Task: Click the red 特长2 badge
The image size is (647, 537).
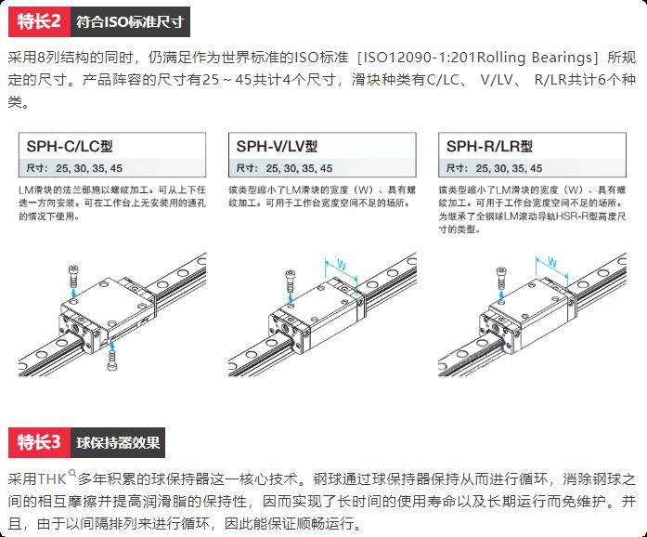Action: (40, 21)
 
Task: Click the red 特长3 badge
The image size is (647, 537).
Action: (40, 442)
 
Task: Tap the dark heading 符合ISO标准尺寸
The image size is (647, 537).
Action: (130, 21)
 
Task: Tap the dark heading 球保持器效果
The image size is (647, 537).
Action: (118, 442)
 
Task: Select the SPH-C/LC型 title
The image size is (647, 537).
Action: (70, 146)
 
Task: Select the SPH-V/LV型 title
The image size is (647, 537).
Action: (277, 146)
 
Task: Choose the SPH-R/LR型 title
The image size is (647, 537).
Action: (489, 146)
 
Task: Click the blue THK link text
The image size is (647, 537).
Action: (52, 479)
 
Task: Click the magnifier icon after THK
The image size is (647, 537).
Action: (72, 474)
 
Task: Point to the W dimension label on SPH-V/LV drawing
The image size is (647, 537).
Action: (343, 265)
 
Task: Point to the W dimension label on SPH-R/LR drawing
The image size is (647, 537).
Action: (552, 261)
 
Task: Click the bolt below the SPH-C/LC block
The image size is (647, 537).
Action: (111, 359)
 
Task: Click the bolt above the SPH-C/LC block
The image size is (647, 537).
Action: (73, 277)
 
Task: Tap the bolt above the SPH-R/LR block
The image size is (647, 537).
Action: (502, 279)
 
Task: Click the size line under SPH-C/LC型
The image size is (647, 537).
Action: (74, 168)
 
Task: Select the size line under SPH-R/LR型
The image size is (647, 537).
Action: (495, 168)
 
